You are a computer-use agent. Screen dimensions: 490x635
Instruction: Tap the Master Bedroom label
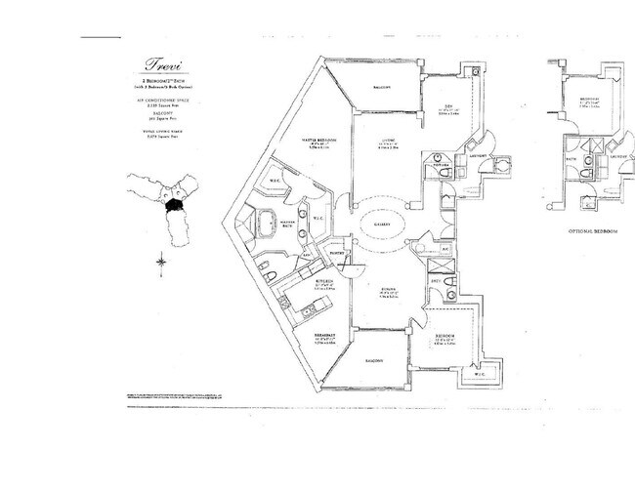pos(318,141)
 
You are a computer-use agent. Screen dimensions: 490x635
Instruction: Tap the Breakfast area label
pos(325,336)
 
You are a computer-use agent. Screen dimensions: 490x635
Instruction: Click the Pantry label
pos(338,251)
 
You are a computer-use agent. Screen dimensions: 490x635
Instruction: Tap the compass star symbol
pos(160,262)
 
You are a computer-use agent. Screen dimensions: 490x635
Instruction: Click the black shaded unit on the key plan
pos(174,206)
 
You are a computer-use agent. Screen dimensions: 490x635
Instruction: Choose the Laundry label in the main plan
pos(479,155)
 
